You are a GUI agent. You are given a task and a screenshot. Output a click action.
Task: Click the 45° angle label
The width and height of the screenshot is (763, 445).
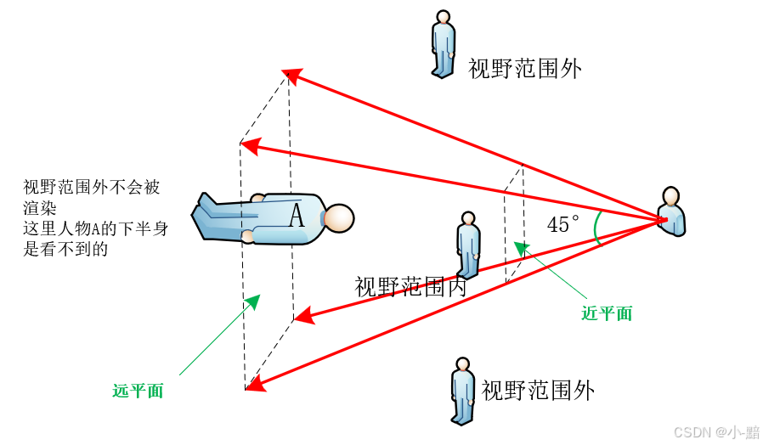click(562, 225)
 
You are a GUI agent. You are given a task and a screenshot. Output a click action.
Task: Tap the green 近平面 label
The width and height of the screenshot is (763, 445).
click(607, 313)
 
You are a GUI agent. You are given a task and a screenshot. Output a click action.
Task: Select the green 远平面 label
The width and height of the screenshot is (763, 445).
click(138, 391)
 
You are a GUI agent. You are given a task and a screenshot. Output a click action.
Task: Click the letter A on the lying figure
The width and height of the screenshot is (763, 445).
click(296, 216)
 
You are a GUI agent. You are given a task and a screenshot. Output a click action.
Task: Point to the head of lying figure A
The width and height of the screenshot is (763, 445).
click(339, 218)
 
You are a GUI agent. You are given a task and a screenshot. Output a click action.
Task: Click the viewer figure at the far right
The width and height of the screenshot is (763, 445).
click(671, 212)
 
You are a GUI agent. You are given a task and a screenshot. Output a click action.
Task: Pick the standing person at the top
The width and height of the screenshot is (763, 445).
click(443, 44)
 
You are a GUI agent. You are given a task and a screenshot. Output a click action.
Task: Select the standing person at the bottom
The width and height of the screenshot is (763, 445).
click(462, 391)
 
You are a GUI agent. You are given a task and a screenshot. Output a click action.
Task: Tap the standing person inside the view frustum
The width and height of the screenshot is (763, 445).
click(468, 245)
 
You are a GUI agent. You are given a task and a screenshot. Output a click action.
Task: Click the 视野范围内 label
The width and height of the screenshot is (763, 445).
click(410, 287)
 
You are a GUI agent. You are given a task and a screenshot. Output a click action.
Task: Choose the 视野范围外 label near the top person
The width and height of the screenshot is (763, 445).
click(525, 69)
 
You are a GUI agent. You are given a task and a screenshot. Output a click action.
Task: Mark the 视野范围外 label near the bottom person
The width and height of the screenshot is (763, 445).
click(538, 391)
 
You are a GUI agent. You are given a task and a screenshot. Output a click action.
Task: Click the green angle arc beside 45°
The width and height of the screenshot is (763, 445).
click(597, 228)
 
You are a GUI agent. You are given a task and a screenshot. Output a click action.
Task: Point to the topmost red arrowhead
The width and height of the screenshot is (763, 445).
click(291, 76)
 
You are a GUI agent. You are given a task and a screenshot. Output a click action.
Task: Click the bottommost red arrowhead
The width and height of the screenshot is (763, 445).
click(254, 386)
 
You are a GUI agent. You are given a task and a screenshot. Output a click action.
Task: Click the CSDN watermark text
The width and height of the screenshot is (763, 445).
click(716, 432)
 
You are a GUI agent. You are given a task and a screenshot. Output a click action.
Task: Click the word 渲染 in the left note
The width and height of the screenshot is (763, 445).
click(40, 208)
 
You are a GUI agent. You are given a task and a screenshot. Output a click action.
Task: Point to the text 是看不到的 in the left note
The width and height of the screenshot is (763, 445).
click(65, 250)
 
